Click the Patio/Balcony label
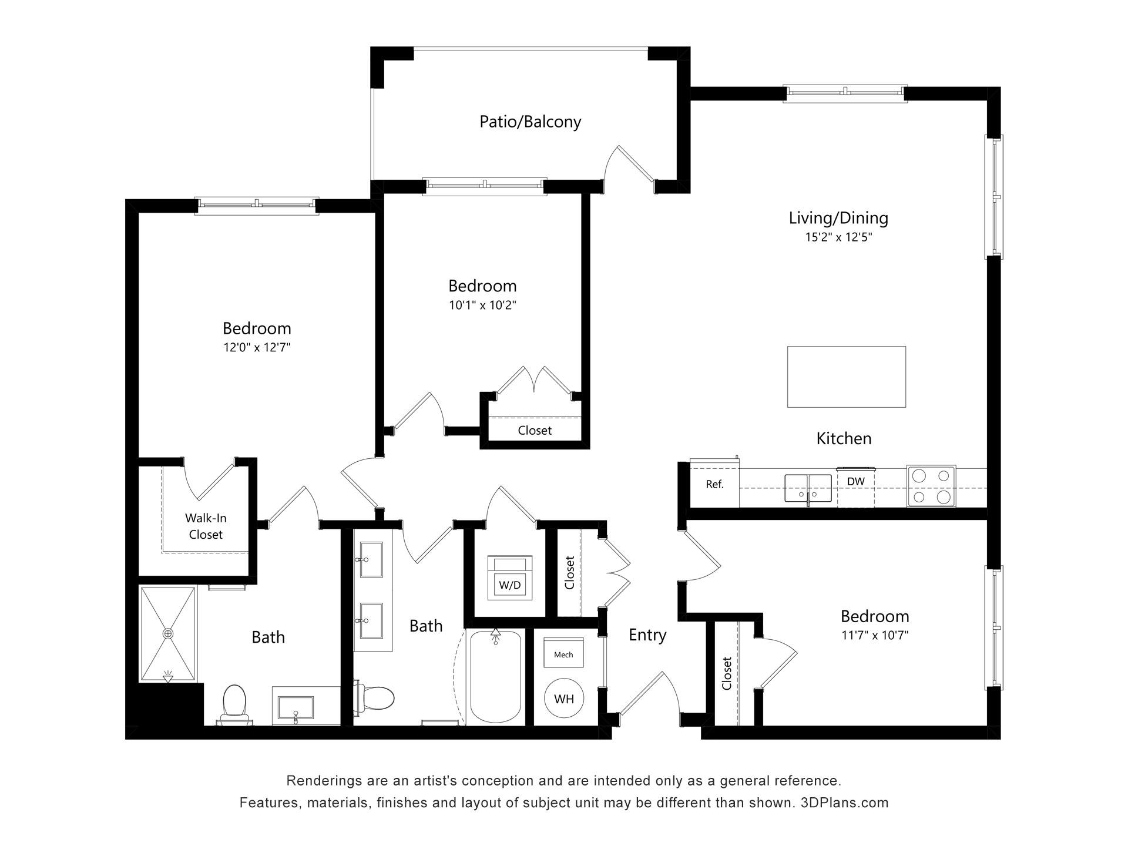coord(530,122)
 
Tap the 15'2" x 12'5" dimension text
coord(838,237)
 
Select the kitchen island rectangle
coord(846,377)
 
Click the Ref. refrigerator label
coord(714,485)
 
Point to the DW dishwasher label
coord(855,482)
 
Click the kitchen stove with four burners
coord(931,486)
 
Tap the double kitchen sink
coord(808,488)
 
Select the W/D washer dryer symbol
coord(509,578)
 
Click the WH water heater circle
coord(563,699)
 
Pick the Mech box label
coord(563,654)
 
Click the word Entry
coord(647,635)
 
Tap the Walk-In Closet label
coord(206,526)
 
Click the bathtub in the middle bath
coord(496,677)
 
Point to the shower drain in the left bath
coord(169,634)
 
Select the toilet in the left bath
coord(234,704)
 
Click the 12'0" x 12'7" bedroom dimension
coord(257,347)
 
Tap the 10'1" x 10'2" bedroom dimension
coord(482,305)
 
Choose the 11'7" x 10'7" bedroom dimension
coord(875,635)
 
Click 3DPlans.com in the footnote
coord(845,803)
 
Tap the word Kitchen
coord(844,438)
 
